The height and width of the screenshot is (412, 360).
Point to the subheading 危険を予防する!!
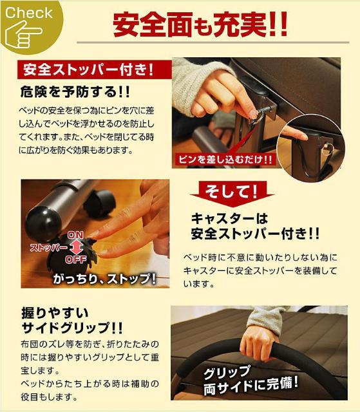pyautogui.click(x=75, y=91)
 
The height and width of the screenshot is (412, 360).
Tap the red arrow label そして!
pyautogui.click(x=231, y=191)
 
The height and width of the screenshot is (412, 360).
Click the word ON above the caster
pyautogui.click(x=75, y=234)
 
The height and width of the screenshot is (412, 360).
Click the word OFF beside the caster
pyautogui.click(x=76, y=259)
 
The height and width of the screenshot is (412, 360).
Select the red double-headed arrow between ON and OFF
pyautogui.click(x=75, y=247)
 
